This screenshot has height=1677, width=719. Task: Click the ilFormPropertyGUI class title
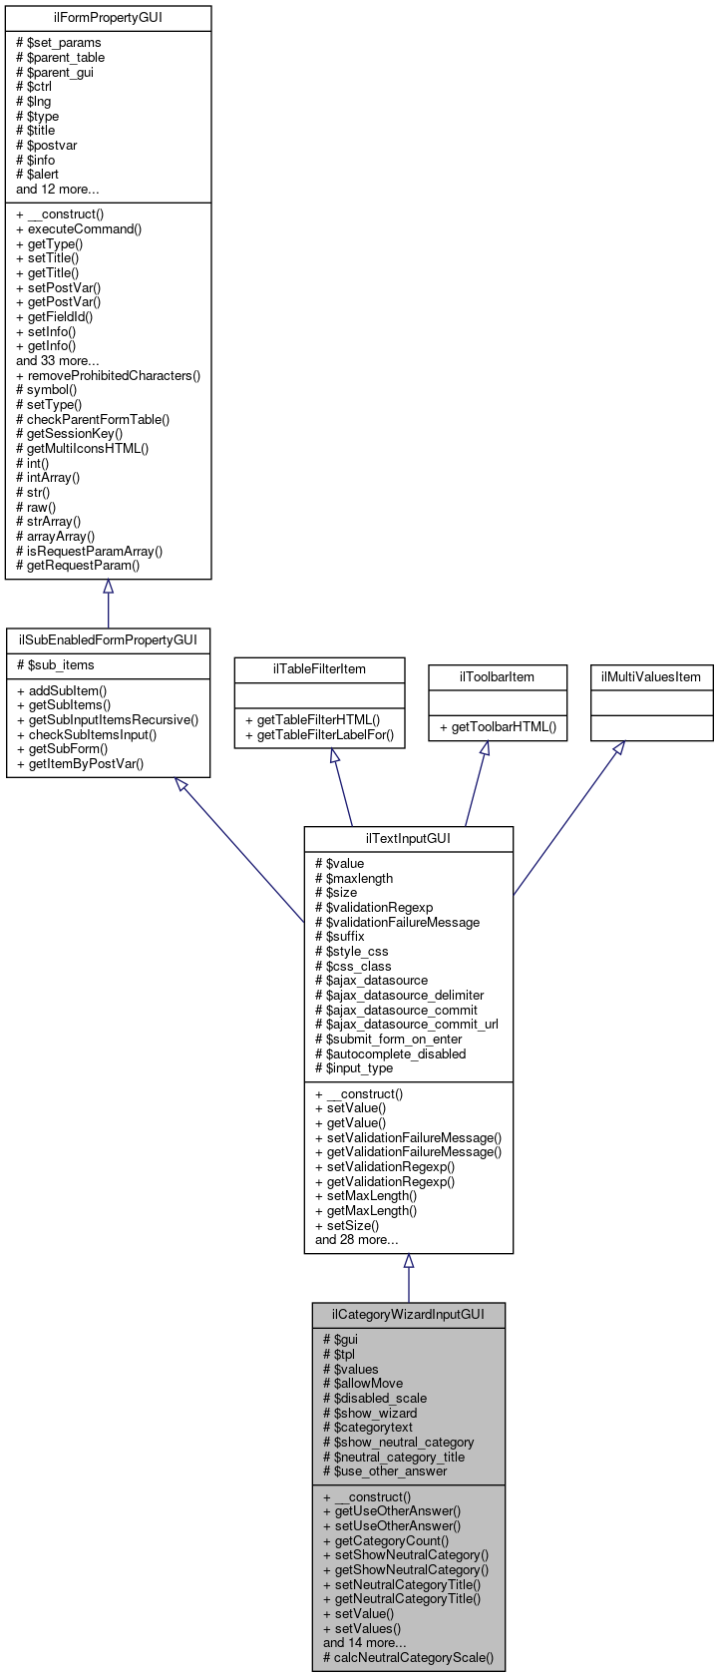[109, 18]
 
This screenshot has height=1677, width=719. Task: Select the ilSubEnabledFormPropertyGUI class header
[108, 639]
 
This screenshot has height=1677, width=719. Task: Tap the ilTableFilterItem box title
[319, 668]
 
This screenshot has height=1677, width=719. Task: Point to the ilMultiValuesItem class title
[651, 676]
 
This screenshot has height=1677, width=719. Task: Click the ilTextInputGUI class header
[408, 838]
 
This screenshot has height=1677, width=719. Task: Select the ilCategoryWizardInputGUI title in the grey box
[408, 1314]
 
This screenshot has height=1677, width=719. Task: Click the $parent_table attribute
[66, 58]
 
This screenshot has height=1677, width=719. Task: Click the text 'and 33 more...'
[57, 361]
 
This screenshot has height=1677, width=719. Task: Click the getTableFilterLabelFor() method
[324, 736]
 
